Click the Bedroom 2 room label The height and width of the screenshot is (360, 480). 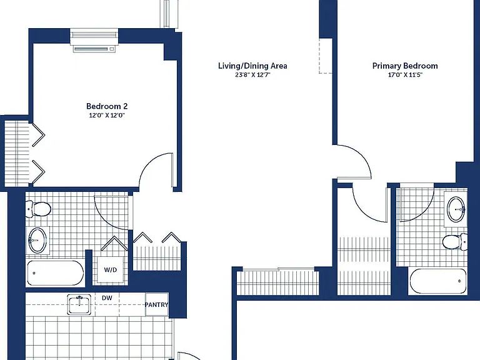(107, 106)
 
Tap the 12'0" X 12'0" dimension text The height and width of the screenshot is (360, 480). (107, 116)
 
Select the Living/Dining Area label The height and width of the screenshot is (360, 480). (252, 66)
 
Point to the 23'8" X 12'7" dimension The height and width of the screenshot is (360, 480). (252, 75)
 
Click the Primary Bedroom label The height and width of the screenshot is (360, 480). (405, 66)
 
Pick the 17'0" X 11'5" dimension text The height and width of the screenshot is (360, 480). (405, 75)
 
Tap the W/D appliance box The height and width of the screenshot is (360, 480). (111, 270)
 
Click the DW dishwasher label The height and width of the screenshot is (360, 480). (107, 298)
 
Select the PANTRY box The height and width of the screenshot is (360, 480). (156, 304)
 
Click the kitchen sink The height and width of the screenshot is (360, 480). (79, 305)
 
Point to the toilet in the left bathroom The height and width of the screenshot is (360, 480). (38, 209)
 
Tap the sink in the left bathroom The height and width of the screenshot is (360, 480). (37, 241)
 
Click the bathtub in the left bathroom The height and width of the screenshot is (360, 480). (55, 273)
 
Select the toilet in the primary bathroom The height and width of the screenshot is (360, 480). (455, 241)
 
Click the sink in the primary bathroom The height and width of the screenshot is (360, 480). (456, 209)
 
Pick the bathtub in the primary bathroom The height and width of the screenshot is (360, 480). (437, 281)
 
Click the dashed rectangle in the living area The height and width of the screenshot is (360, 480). (326, 56)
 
